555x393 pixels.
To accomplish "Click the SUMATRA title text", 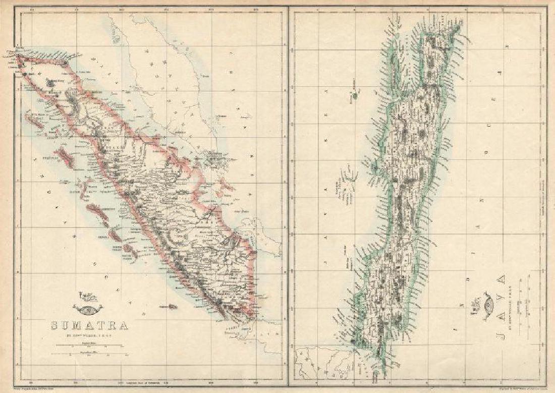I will pyautogui.click(x=90, y=325).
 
